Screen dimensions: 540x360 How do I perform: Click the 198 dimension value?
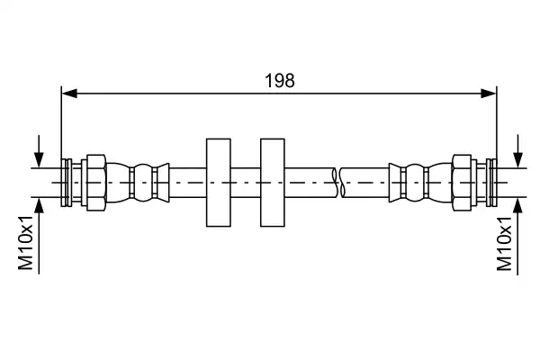tap(279, 81)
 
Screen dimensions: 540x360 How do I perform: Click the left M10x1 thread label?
tap(26, 243)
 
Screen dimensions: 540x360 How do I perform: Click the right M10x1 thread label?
tap(504, 244)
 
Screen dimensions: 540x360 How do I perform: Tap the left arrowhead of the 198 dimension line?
tap(69, 93)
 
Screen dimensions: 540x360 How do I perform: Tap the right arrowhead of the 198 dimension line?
tap(489, 93)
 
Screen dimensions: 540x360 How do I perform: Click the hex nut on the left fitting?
tap(96, 183)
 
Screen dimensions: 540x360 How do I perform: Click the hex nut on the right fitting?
tap(462, 183)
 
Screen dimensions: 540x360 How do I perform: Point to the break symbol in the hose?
tap(338, 183)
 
